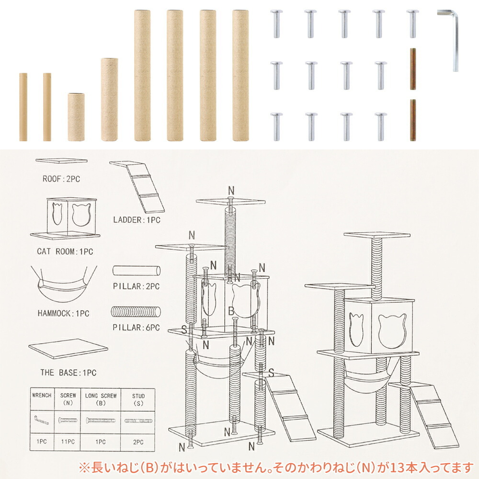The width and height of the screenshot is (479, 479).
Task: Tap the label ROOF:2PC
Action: point(61,179)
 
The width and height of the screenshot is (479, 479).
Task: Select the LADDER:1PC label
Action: point(137,220)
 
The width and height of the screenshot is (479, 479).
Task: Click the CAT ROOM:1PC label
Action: point(65,252)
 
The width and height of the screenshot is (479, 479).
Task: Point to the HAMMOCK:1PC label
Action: point(63,313)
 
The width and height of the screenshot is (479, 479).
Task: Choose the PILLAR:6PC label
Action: point(136,328)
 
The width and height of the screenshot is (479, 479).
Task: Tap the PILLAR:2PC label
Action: point(136,286)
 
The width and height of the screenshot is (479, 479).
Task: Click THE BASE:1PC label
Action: point(68,373)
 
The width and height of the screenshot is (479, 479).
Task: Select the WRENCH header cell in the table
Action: point(42,399)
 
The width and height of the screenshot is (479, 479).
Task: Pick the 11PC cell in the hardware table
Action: point(68,442)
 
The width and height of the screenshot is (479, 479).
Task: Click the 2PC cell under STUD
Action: point(138,442)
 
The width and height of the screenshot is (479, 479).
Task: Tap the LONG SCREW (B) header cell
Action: point(101,399)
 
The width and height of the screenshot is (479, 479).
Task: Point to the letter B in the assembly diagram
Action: point(231,311)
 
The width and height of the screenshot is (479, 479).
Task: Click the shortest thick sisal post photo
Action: point(76,117)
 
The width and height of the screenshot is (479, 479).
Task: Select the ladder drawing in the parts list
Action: point(137,187)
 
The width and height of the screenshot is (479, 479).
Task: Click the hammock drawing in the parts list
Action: point(64,284)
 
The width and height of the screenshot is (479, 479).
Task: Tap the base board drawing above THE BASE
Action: point(68,348)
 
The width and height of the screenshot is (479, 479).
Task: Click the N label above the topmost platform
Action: point(231,191)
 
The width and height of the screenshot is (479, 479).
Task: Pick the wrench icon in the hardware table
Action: point(42,421)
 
